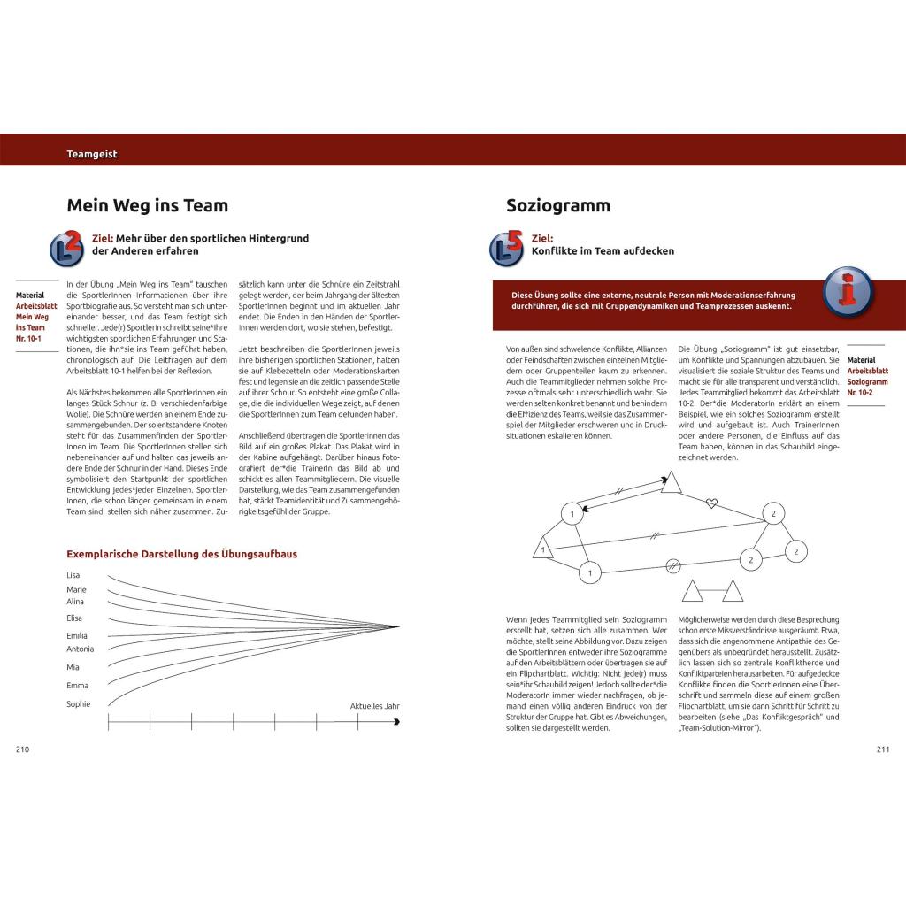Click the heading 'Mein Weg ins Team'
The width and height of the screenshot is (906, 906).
tap(147, 206)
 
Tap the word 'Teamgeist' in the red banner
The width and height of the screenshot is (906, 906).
tap(92, 154)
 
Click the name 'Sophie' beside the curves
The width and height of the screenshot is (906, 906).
tap(79, 704)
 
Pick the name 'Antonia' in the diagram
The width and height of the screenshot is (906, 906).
tap(81, 649)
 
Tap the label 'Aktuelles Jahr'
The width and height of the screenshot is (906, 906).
tap(375, 706)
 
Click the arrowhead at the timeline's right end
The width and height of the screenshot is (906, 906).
tap(396, 723)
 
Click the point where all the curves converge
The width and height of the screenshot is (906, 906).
tap(396, 627)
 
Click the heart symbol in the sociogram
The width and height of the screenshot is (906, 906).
tap(710, 503)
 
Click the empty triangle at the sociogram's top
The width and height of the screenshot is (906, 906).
tap(671, 482)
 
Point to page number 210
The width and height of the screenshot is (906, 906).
tap(23, 749)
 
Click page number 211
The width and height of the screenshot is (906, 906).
tap(882, 749)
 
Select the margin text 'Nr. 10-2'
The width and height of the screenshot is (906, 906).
tap(859, 391)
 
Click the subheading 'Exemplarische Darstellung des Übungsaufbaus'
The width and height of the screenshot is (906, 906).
tap(181, 555)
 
